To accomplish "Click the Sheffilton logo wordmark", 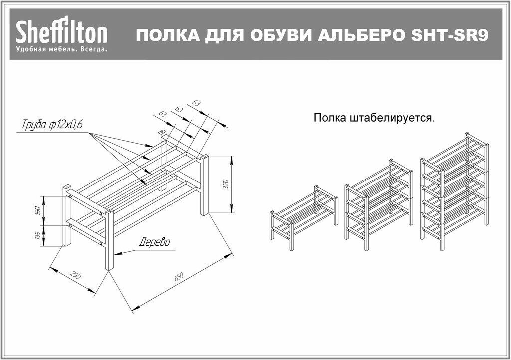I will coord(61,33).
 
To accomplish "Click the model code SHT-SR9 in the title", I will coord(447,35).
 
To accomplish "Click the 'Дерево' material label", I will coord(154,243).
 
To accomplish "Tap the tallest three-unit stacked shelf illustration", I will coord(454,189).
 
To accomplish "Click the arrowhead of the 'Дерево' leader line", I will coord(118,253).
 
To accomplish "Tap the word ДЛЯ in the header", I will coord(218,35).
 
